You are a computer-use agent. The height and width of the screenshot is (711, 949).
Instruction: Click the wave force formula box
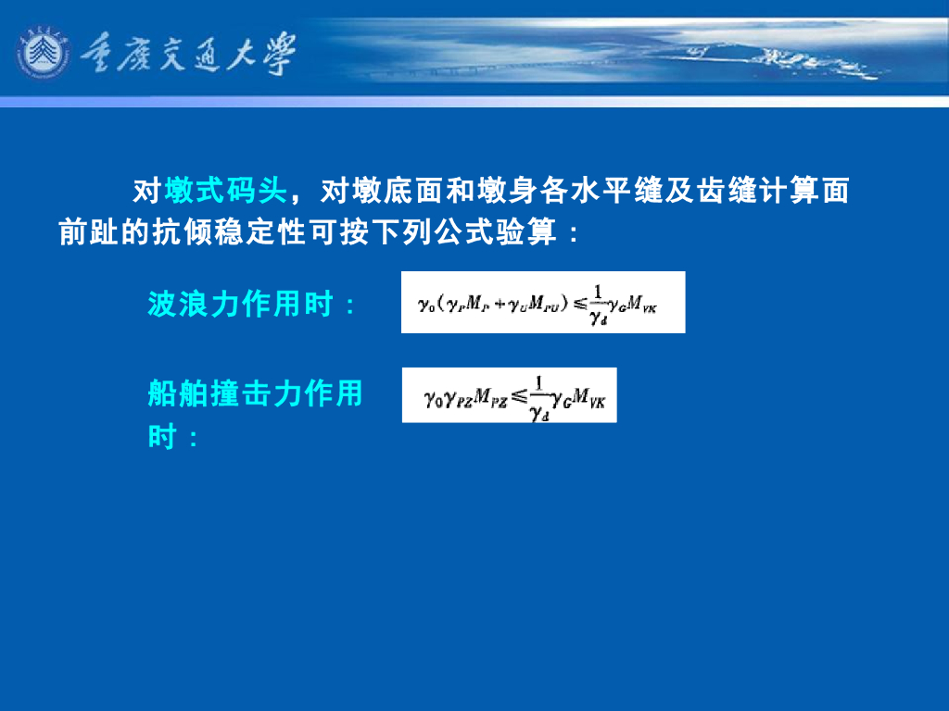coord(542,302)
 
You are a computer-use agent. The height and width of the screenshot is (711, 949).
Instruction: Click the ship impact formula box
coord(509,395)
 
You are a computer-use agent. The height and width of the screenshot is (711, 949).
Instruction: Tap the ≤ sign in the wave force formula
coord(578,303)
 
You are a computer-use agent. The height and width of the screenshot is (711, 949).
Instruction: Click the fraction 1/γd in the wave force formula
coord(597,304)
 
